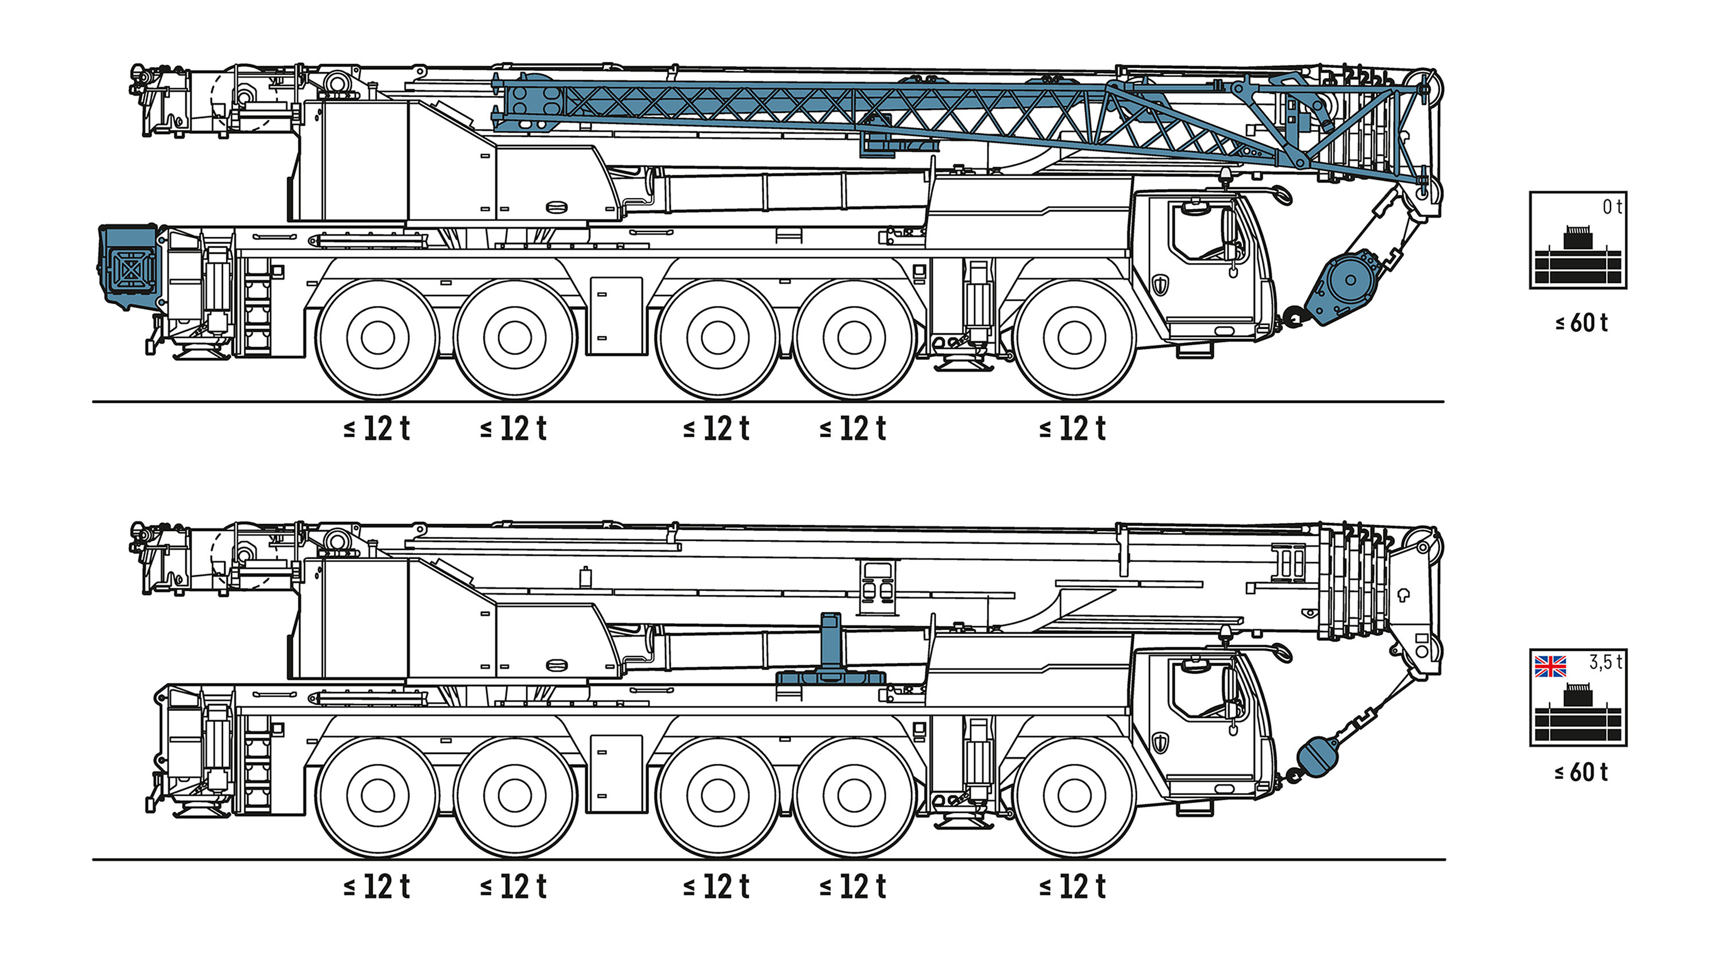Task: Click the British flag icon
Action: point(1550,666)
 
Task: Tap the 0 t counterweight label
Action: point(1612,207)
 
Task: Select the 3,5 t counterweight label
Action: point(1605,662)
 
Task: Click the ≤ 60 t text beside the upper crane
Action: point(1581,323)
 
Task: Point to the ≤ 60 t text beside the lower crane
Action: point(1581,772)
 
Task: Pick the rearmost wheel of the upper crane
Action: point(377,339)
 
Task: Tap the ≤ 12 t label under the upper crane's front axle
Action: point(1072,429)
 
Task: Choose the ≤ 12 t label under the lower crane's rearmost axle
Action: point(376,886)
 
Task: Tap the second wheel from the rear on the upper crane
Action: point(515,339)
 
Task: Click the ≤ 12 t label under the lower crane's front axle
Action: point(1072,886)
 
